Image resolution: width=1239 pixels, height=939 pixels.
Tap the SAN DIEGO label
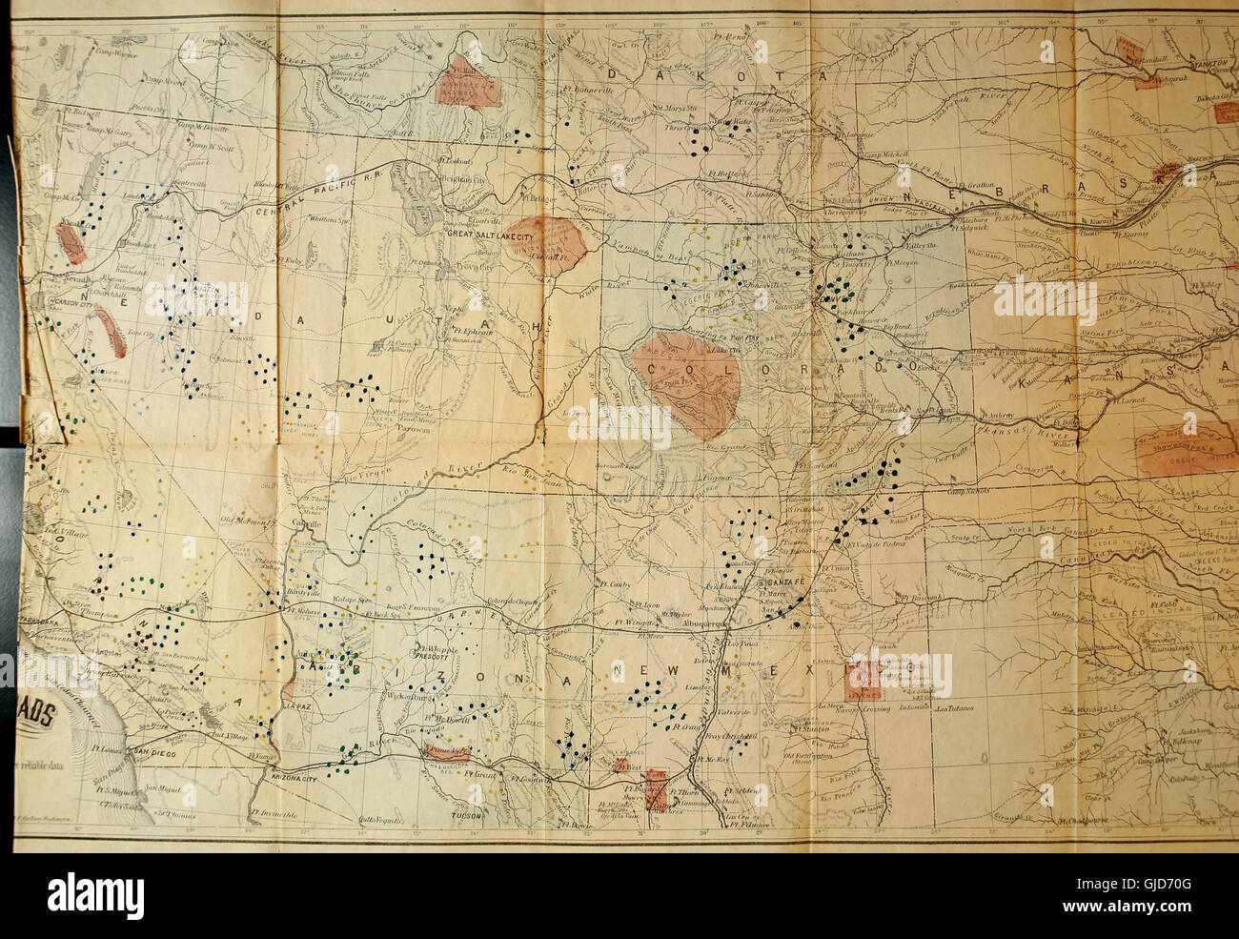click(x=154, y=751)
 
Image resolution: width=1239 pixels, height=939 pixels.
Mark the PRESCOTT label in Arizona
click(x=435, y=657)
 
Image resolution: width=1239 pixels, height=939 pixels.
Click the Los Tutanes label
click(x=954, y=709)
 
